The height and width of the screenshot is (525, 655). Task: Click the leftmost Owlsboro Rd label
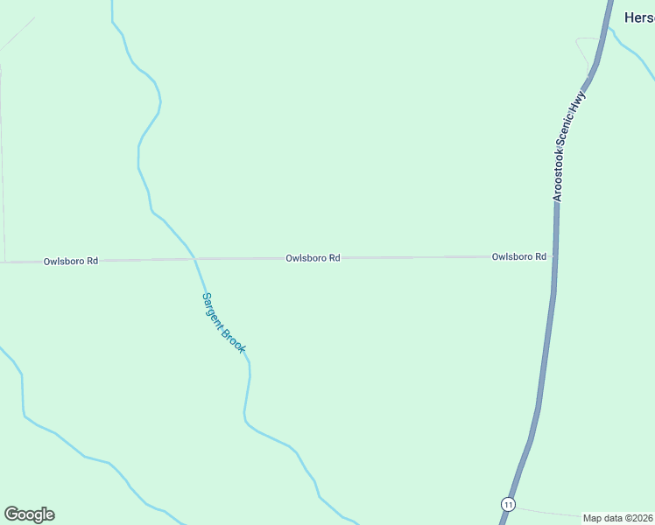[71, 261]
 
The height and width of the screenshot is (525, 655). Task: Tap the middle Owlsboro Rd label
[313, 258]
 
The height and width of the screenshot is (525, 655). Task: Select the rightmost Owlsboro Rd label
[519, 256]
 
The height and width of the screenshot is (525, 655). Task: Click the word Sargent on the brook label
[213, 310]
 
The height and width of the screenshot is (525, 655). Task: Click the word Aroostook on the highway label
[560, 171]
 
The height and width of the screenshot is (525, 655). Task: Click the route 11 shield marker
[508, 504]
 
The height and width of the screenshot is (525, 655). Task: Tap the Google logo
[29, 514]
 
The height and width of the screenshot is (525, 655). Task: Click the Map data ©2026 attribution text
[617, 518]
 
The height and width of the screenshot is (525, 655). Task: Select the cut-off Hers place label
[638, 17]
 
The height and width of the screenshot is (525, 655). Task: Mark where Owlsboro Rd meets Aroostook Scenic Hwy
[555, 256]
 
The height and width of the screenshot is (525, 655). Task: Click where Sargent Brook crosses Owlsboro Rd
[194, 259]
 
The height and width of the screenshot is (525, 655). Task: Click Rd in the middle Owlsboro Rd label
[334, 258]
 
